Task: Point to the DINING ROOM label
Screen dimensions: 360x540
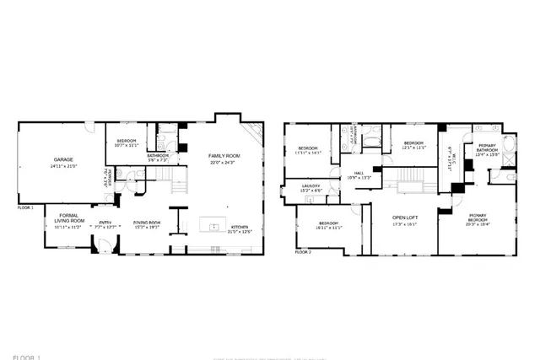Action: pos(147,223)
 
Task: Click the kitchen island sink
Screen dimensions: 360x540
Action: pos(214,226)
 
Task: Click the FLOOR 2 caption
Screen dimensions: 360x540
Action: pos(303,251)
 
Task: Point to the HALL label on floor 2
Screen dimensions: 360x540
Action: pos(358,173)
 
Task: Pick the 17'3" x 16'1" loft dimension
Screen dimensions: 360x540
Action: pos(404,225)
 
